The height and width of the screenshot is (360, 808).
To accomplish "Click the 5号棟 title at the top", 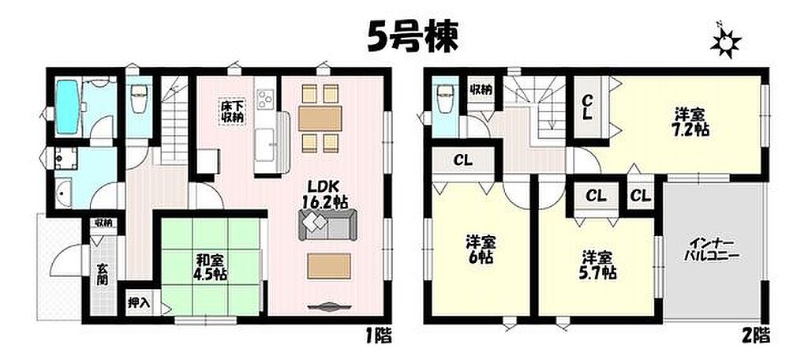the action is pyautogui.click(x=412, y=37).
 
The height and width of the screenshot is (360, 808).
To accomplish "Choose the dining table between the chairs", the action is pyautogui.click(x=320, y=118).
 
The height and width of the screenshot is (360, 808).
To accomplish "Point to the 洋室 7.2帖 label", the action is pyautogui.click(x=691, y=122).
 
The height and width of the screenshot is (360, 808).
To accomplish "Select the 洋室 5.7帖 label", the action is pyautogui.click(x=600, y=264).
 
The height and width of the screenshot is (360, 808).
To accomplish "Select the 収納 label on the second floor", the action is pyautogui.click(x=481, y=89).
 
